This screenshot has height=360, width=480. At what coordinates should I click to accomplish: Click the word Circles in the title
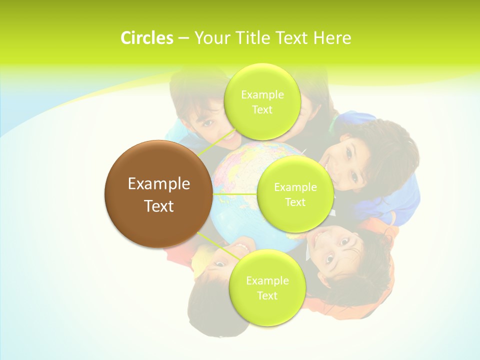[x=146, y=38]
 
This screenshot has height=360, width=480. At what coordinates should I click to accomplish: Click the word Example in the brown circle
[x=158, y=184]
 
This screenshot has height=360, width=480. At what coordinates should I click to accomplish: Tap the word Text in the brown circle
[x=158, y=206]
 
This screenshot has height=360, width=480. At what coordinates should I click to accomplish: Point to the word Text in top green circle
[x=261, y=110]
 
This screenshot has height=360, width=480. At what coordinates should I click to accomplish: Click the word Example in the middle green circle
[x=295, y=187]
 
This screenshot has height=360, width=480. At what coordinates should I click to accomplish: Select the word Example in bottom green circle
[x=267, y=281]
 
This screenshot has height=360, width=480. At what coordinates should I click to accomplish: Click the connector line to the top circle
[x=216, y=142]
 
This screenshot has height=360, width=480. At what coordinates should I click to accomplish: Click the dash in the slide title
[x=183, y=38]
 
